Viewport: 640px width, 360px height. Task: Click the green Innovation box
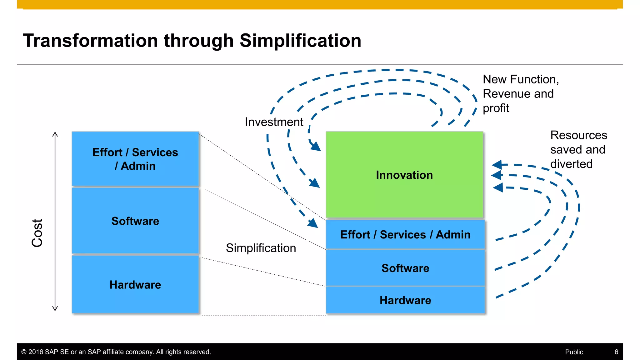click(404, 175)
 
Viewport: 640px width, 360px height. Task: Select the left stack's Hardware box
click(135, 285)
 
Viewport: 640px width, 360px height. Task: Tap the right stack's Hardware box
click(405, 300)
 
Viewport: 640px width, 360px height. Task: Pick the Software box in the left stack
click(135, 221)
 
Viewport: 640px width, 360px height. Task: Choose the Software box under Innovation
click(405, 268)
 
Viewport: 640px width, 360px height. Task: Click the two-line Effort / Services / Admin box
click(135, 159)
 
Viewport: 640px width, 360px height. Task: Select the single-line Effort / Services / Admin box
click(405, 235)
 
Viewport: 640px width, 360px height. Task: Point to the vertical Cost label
click(37, 233)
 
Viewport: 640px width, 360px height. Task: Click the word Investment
click(274, 122)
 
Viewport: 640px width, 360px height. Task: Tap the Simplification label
click(261, 248)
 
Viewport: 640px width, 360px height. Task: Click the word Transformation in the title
click(91, 41)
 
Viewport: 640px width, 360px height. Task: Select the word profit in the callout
click(496, 108)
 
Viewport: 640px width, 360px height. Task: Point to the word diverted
click(571, 164)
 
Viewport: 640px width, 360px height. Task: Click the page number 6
click(616, 352)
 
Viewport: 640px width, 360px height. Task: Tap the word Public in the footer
click(574, 352)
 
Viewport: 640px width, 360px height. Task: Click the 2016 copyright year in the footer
click(36, 352)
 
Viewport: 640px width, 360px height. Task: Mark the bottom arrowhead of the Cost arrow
click(55, 309)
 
